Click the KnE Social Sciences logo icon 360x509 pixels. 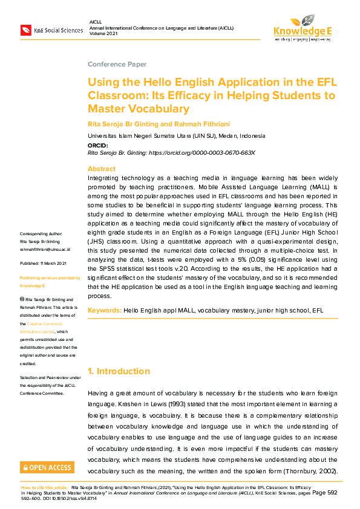click(26, 30)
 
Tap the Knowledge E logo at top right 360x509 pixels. click(302, 27)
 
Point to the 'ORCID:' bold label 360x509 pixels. click(98, 146)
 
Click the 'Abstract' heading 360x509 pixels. click(101, 169)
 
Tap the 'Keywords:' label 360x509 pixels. click(104, 310)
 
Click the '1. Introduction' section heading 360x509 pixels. click(119, 371)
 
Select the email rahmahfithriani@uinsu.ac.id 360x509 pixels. click(45, 249)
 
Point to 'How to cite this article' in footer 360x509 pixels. click(44, 486)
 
